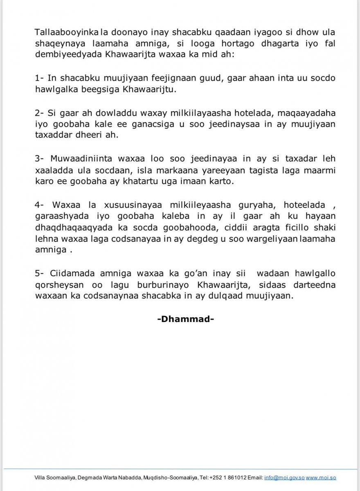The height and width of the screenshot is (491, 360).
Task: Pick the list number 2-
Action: pyautogui.click(x=40, y=113)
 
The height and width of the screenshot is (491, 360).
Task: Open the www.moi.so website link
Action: pyautogui.click(x=321, y=477)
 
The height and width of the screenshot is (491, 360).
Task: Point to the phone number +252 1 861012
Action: pyautogui.click(x=228, y=477)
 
